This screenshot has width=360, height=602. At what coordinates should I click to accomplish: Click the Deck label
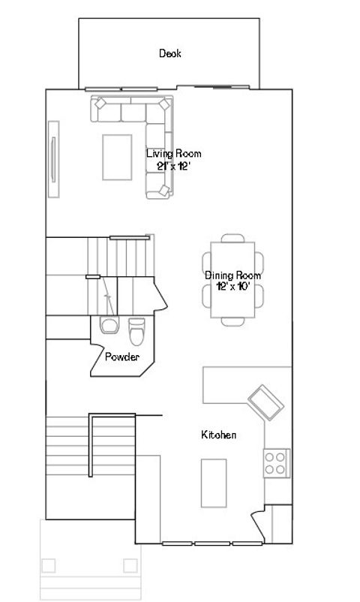point(169,53)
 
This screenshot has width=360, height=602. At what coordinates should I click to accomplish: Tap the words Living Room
point(173,154)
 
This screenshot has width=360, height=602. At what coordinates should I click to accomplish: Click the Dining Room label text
point(232,275)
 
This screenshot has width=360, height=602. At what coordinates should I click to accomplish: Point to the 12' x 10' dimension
point(232,287)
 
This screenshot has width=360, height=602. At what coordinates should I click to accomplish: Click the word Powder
point(121,357)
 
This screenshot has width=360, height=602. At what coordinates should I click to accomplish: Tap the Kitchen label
point(219,435)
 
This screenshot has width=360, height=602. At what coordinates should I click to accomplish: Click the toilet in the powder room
point(136,329)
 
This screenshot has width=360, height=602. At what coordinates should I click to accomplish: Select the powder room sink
point(109,326)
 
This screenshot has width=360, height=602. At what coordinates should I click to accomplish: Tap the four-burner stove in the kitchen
point(276,462)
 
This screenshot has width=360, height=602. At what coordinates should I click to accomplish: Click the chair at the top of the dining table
point(232,239)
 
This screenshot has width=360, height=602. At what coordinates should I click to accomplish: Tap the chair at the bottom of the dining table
point(232,321)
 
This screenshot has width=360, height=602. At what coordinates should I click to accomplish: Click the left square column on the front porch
point(50,564)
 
